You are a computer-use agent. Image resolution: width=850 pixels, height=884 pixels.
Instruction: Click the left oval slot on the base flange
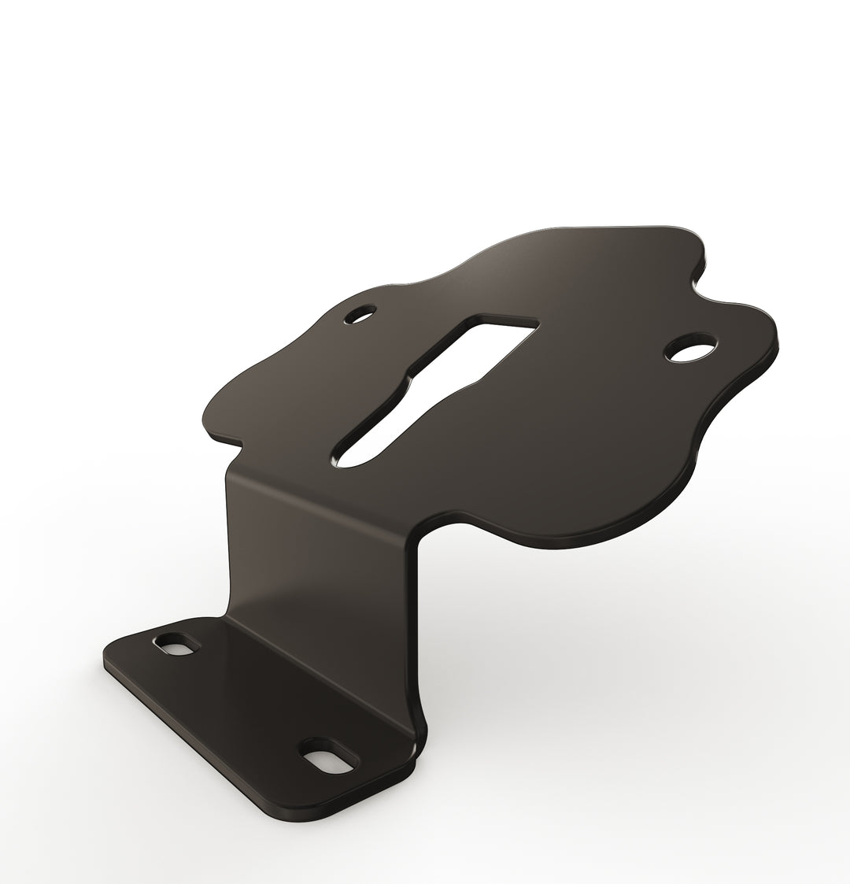[176, 643]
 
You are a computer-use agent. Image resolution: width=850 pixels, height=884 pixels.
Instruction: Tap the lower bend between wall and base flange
[315, 669]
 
